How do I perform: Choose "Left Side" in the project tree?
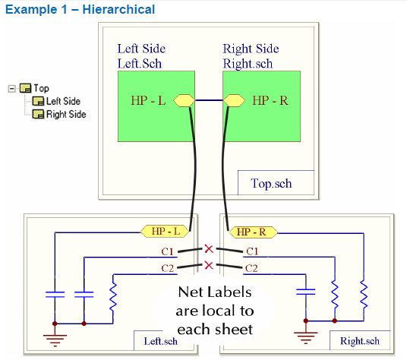pyautogui.click(x=63, y=101)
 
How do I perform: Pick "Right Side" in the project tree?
pyautogui.click(x=66, y=115)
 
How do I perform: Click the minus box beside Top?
pyautogui.click(x=11, y=89)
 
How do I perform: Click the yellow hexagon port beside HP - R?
pyautogui.click(x=233, y=100)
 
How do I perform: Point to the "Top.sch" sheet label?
pyautogui.click(x=271, y=183)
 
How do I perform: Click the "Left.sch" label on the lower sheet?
pyautogui.click(x=161, y=341)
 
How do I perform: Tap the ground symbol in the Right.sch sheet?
pyautogui.click(x=307, y=336)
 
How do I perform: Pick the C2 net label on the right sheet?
pyautogui.click(x=251, y=268)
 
